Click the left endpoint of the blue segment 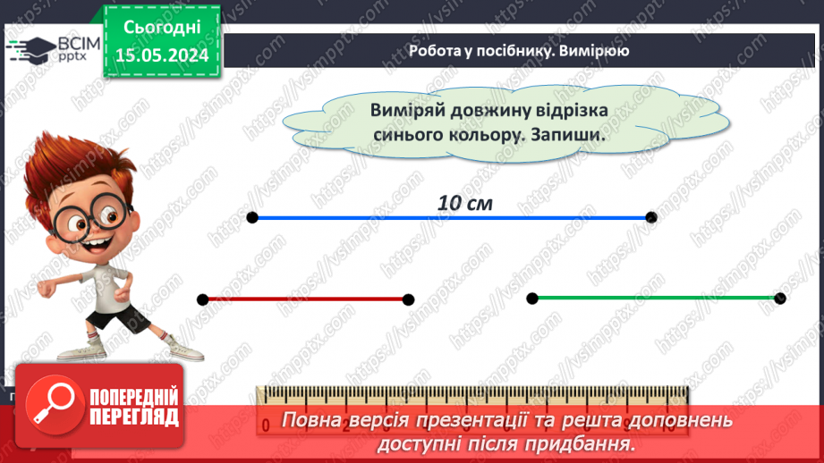[x=252, y=217]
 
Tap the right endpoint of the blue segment [x=651, y=217]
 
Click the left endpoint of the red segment [x=202, y=299]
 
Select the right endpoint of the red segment [x=408, y=299]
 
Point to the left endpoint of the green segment [x=532, y=298]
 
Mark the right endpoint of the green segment [x=779, y=298]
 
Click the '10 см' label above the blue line [x=465, y=203]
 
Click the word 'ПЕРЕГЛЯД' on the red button [x=134, y=416]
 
